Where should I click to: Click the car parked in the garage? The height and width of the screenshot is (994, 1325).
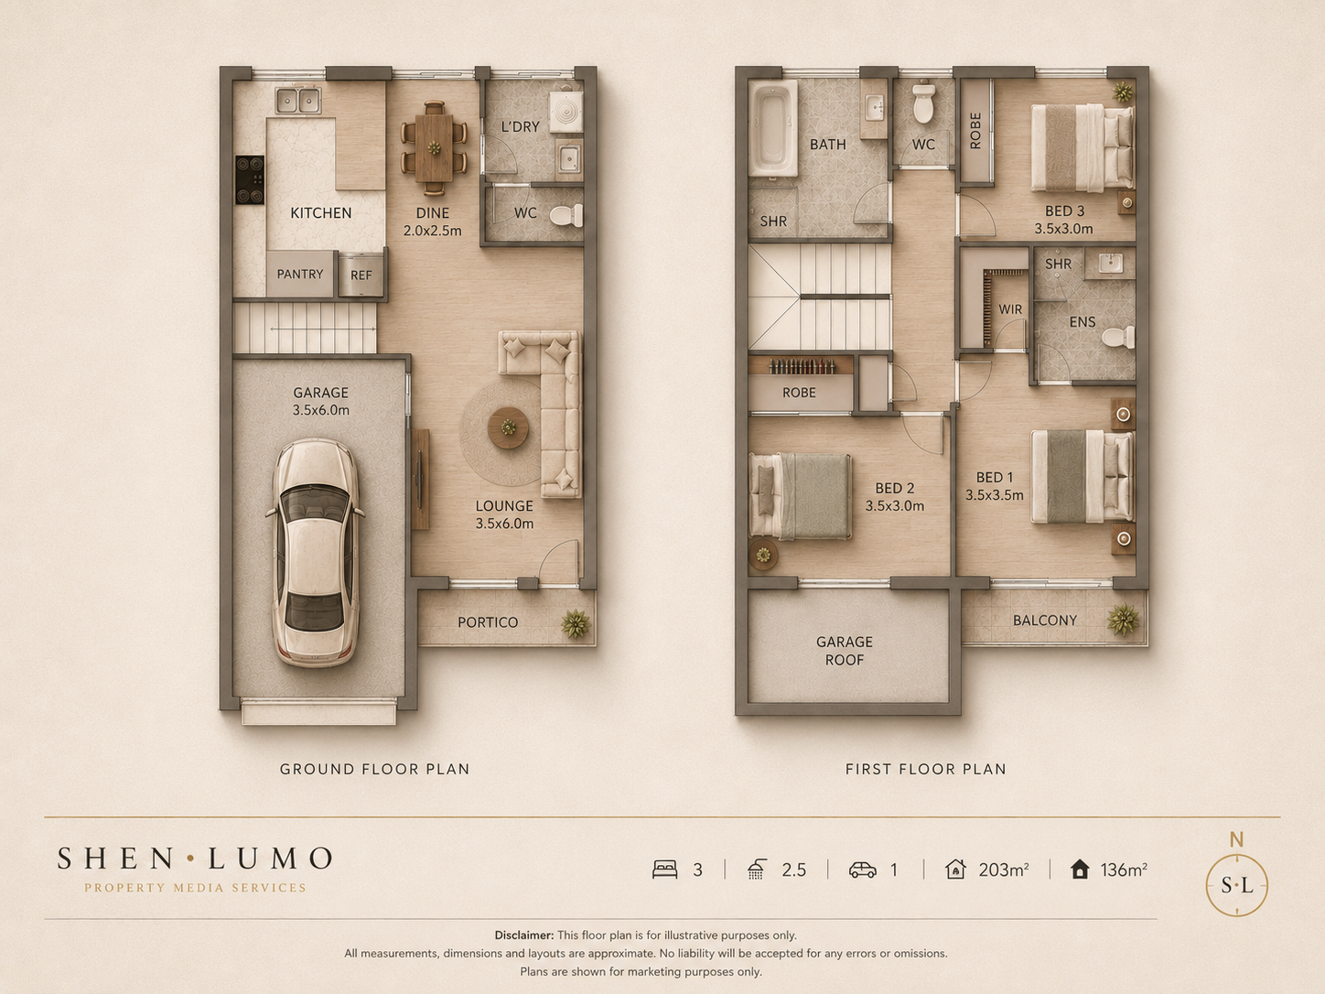click(316, 553)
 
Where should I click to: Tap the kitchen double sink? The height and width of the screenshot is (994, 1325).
click(297, 100)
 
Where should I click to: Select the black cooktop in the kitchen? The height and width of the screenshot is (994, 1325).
click(250, 179)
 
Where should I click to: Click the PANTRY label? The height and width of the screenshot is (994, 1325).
click(300, 274)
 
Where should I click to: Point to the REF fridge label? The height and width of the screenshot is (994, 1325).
click(361, 276)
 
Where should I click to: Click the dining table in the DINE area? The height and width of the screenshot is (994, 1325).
click(434, 148)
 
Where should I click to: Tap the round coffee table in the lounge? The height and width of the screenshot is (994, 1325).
click(508, 428)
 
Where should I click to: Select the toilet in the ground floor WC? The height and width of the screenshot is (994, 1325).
click(566, 215)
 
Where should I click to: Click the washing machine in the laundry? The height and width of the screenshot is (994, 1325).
click(566, 112)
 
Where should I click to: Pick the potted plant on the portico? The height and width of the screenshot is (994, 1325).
click(576, 624)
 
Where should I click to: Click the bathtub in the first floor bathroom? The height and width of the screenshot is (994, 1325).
click(772, 128)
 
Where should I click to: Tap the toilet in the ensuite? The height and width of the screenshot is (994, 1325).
click(1118, 337)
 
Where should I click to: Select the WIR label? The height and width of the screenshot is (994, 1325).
click(1010, 309)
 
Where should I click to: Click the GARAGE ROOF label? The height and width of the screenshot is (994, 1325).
click(845, 651)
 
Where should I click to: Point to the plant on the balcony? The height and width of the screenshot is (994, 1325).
click(1123, 620)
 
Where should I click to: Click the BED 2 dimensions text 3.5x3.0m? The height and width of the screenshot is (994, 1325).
click(895, 506)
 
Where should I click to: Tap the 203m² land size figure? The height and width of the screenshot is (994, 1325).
click(1004, 870)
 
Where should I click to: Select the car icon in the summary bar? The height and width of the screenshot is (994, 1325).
click(863, 870)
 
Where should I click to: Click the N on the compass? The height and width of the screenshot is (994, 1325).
click(1237, 839)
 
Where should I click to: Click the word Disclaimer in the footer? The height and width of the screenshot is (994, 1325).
click(524, 935)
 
